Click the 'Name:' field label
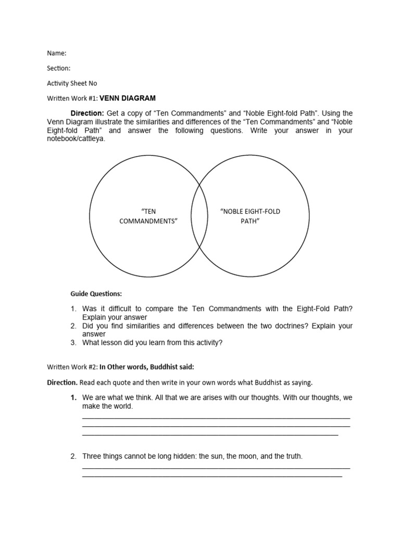pos(57,53)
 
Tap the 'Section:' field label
pos(58,68)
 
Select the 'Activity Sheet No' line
pos(72,83)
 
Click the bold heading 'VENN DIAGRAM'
pos(128,98)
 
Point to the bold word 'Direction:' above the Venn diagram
pos(87,113)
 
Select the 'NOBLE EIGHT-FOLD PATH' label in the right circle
pos(250,216)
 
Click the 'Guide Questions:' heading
pos(96,294)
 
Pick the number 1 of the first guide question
pos(73,309)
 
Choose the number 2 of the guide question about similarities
pos(73,326)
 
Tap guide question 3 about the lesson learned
pos(151,342)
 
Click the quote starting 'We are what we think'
pos(216,398)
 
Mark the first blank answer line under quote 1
pos(216,417)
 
